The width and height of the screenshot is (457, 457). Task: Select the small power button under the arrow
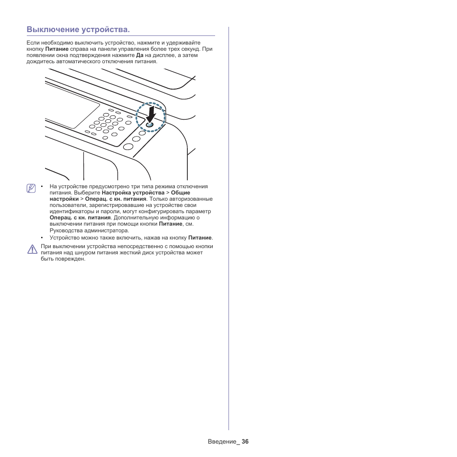pyautogui.click(x=149, y=125)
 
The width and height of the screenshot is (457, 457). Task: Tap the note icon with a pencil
pyautogui.click(x=32, y=188)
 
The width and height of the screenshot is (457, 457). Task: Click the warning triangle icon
pyautogui.click(x=32, y=249)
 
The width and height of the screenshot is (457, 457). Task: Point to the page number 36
pyautogui.click(x=245, y=442)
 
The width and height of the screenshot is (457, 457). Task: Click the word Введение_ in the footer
pyautogui.click(x=223, y=442)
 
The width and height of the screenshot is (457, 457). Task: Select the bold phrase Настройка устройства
pyautogui.click(x=133, y=193)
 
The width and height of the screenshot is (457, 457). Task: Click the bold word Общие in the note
pyautogui.click(x=181, y=193)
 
